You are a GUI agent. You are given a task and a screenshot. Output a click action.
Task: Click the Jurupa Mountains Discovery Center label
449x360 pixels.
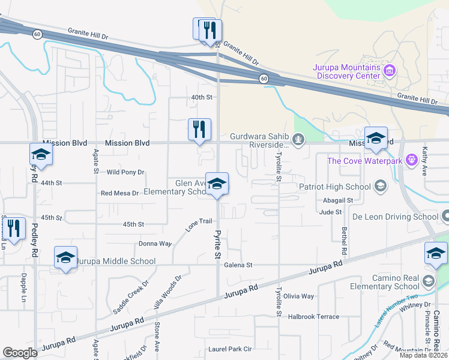(346, 71)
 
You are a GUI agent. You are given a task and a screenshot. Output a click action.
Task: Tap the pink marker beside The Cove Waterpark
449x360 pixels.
(411, 160)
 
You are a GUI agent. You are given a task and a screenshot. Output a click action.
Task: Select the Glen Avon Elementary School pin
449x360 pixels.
(217, 184)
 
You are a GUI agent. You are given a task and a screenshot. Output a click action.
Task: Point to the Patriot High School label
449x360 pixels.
(334, 187)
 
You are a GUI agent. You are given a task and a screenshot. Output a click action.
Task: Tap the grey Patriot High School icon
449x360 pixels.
(379, 186)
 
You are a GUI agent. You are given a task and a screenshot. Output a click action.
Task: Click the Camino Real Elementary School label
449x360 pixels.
(385, 281)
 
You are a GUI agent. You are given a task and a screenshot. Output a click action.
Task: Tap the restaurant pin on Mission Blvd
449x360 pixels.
(199, 130)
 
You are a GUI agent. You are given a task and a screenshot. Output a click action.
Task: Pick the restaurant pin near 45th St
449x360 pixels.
(14, 228)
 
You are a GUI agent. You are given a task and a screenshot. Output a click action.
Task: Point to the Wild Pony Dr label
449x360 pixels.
(125, 172)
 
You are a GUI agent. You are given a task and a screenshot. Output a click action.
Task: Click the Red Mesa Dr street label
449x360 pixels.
(120, 193)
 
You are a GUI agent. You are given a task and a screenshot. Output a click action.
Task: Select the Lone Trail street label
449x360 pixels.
(199, 226)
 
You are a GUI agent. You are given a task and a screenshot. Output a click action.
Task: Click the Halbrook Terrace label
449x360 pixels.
(313, 317)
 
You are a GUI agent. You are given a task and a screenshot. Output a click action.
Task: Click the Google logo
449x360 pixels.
(20, 353)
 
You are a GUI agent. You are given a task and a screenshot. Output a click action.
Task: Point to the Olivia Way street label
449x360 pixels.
(298, 296)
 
